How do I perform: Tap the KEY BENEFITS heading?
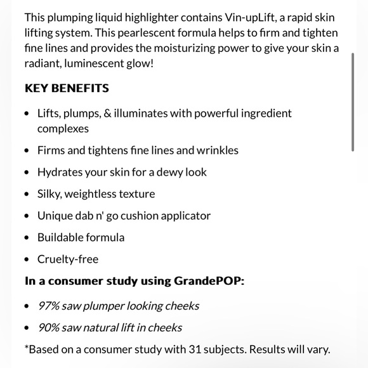click(x=67, y=88)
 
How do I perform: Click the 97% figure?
click(x=48, y=306)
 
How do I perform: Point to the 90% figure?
click(x=48, y=327)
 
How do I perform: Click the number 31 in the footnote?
click(x=195, y=349)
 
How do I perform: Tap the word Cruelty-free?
click(x=68, y=259)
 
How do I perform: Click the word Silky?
click(x=51, y=194)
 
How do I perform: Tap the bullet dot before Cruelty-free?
click(x=26, y=260)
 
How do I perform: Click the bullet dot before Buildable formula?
click(x=26, y=238)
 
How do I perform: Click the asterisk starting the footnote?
click(x=27, y=348)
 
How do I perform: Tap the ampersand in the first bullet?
click(x=108, y=114)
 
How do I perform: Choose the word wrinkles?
click(x=217, y=150)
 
